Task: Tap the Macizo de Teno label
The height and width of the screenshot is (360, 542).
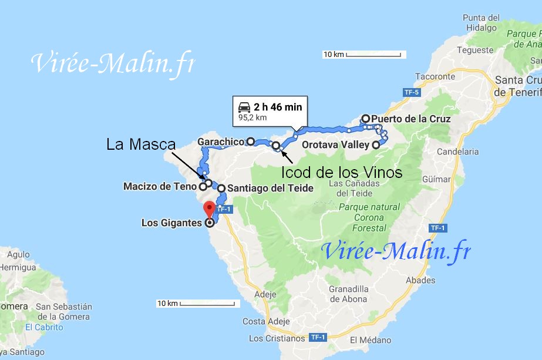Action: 159,187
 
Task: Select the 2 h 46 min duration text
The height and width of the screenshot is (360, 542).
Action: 278,107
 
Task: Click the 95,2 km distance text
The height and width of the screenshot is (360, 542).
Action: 253,117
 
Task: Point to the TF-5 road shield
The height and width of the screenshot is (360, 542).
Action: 411,92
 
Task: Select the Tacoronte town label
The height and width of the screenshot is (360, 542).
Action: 435,76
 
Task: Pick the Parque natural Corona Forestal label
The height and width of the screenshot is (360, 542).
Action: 369,217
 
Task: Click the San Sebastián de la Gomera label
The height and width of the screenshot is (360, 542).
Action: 63,311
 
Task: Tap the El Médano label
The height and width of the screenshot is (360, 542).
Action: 371,340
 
